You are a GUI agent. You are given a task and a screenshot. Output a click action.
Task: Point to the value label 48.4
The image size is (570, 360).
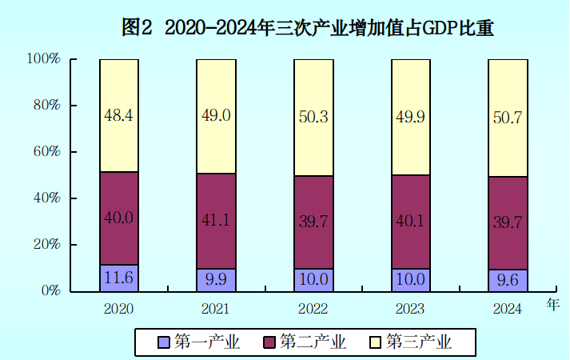click(118, 115)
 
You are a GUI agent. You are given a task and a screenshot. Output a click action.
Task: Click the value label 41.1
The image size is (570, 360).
click(216, 220)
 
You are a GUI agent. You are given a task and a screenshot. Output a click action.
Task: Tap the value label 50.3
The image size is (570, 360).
click(313, 117)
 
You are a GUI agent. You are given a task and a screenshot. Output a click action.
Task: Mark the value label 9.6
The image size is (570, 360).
click(508, 280)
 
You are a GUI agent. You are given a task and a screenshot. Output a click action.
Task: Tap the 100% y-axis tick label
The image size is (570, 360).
click(43, 59)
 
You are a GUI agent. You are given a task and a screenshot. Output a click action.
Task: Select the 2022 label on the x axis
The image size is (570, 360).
click(313, 309)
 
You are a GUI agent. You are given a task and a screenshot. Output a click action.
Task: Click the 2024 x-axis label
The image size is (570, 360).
click(507, 309)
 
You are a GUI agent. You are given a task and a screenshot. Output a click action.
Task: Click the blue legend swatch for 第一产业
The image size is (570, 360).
click(164, 342)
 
